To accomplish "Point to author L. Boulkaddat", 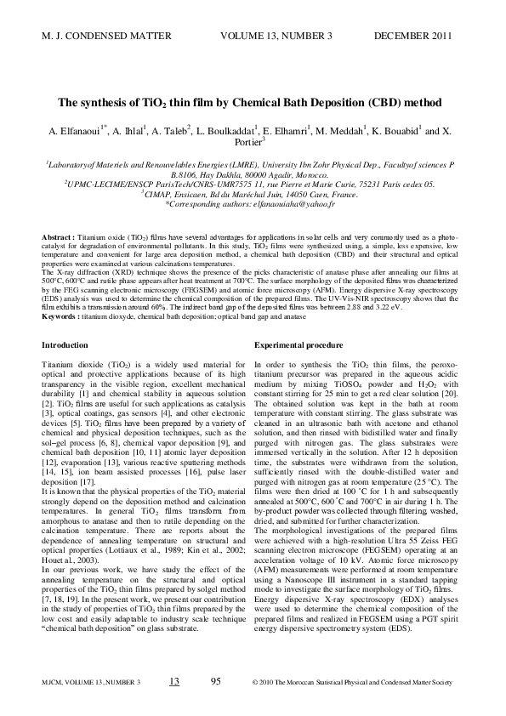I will tap(225, 133).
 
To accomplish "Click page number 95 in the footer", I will tap(215, 681).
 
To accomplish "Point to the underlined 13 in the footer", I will tap(174, 681).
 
